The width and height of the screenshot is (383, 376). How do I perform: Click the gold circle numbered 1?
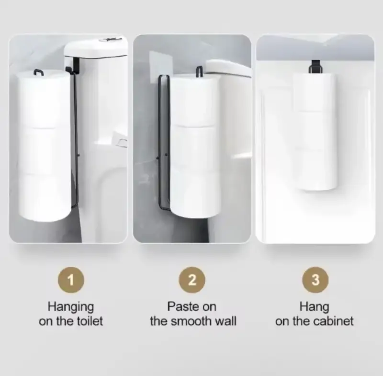71,280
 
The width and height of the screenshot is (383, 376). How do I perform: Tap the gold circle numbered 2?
192,280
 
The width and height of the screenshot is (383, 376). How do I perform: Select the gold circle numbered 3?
315,280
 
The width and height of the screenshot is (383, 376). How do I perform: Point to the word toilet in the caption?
90,321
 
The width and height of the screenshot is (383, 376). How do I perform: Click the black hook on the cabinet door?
315,67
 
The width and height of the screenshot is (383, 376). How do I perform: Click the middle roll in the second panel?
195,147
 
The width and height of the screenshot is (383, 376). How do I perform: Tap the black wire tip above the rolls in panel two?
199,71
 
